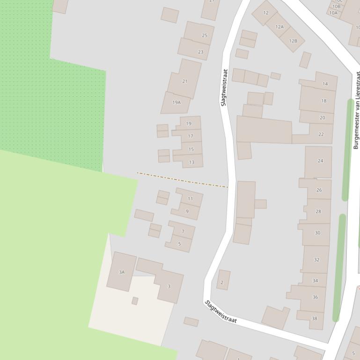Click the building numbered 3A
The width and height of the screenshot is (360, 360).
(x=122, y=272)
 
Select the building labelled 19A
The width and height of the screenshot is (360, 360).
(x=176, y=102)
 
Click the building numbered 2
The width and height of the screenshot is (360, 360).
(x=222, y=282)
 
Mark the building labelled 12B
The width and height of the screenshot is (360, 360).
(x=293, y=41)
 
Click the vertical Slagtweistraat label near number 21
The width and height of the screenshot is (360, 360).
(x=224, y=87)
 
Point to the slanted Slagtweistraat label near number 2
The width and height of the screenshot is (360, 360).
(x=221, y=311)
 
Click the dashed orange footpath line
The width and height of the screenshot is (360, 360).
(x=183, y=180)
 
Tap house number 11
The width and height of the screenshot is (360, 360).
(x=190, y=199)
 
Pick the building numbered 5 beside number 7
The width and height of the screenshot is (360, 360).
(x=179, y=244)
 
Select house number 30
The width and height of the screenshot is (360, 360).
(x=317, y=233)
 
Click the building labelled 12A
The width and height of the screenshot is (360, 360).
(x=279, y=27)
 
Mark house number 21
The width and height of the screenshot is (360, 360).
(x=184, y=81)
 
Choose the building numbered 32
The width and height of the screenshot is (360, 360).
(x=316, y=259)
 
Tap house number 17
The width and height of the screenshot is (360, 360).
(x=191, y=136)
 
